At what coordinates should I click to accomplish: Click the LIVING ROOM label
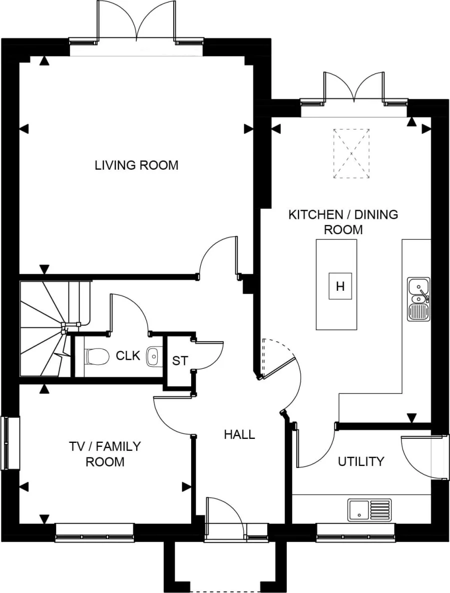[136, 165]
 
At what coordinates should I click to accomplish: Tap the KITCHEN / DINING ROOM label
[343, 222]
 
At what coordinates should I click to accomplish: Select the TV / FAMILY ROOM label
[105, 453]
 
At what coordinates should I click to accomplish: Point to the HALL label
[239, 434]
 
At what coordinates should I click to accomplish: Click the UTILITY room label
[361, 461]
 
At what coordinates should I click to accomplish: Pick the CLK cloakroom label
[127, 356]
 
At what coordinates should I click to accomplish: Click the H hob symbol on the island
[340, 287]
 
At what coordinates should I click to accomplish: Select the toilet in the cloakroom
[97, 356]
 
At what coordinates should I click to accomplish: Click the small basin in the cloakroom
[153, 356]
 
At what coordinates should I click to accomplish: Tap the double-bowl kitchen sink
[418, 299]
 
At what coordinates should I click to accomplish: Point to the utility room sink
[369, 509]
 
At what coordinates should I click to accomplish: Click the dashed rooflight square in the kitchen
[352, 153]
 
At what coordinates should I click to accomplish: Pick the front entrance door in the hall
[224, 518]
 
